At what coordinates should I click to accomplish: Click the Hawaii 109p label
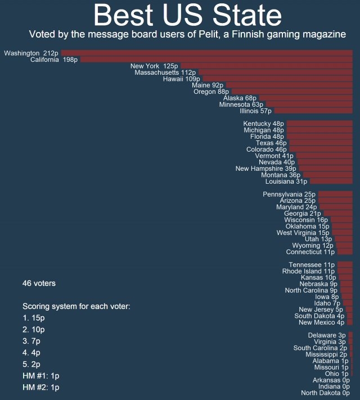click(182, 79)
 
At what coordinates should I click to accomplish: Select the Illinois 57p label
click(255, 111)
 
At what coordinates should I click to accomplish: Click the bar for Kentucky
click(319, 124)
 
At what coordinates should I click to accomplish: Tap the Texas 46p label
click(271, 143)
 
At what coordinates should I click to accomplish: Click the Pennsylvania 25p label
click(289, 194)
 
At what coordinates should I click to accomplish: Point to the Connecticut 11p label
click(310, 252)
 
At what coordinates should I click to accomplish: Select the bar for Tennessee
click(344, 265)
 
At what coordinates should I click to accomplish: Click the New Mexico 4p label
click(321, 322)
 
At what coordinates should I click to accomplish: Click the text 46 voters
click(39, 283)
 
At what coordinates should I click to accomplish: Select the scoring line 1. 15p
click(33, 318)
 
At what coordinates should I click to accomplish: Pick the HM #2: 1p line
click(40, 388)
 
